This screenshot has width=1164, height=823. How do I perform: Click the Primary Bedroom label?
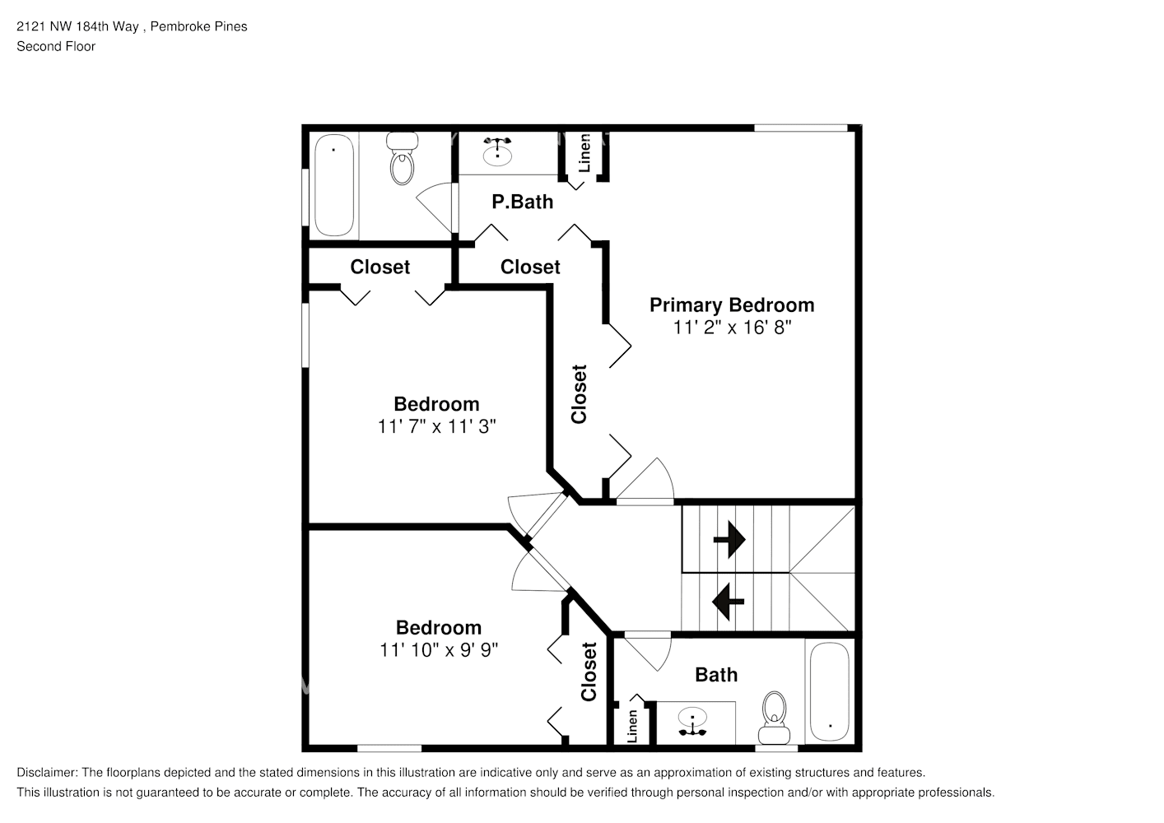click(x=731, y=305)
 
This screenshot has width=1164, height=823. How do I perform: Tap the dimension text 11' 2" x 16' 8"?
click(x=731, y=328)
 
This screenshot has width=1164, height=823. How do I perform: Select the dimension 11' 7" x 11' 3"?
click(x=436, y=426)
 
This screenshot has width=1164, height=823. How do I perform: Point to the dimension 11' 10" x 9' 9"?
click(x=438, y=649)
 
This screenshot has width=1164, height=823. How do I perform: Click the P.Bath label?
click(x=522, y=202)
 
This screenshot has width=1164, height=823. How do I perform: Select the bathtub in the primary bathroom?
click(x=333, y=185)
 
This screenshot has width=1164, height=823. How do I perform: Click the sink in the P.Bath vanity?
click(x=497, y=151)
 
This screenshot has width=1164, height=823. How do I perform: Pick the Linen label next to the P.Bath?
click(x=584, y=153)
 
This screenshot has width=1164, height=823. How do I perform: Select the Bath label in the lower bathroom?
click(x=715, y=675)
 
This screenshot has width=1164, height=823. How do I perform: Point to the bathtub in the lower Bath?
click(x=829, y=692)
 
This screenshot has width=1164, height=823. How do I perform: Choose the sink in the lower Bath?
click(x=694, y=722)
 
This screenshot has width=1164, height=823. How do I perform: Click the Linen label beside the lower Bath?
click(x=632, y=726)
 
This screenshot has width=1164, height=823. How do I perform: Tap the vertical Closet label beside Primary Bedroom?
click(x=580, y=394)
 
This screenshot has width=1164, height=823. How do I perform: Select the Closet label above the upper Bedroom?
click(x=379, y=267)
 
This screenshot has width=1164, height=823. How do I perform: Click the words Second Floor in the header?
click(x=56, y=46)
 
